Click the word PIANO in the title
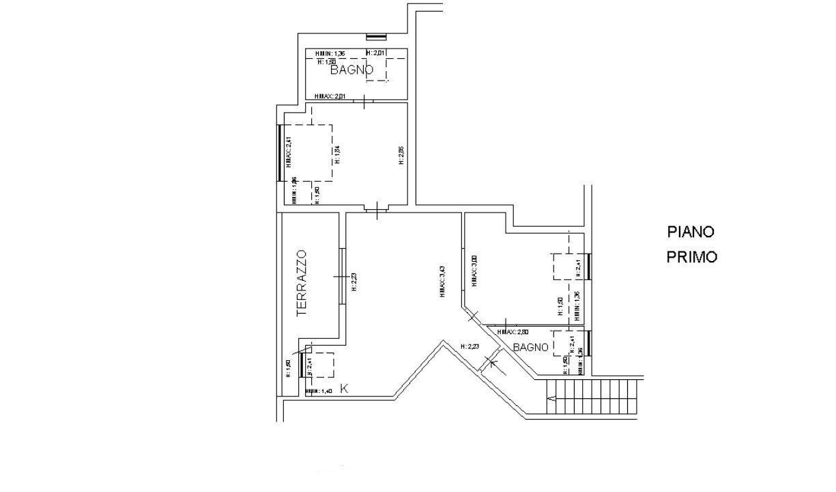coord(691,232)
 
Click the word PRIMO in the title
coord(691,258)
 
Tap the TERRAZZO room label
coord(303,282)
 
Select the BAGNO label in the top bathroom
coord(352,70)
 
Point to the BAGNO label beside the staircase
coord(532,347)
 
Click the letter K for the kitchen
coord(345,389)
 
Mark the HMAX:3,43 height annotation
coord(442,281)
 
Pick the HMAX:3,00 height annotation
coord(473,271)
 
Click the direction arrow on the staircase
coord(552,398)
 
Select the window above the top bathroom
coord(377,36)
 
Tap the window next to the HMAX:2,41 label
coord(280,152)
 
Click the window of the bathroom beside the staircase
coord(589,343)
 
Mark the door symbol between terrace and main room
coord(341,277)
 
